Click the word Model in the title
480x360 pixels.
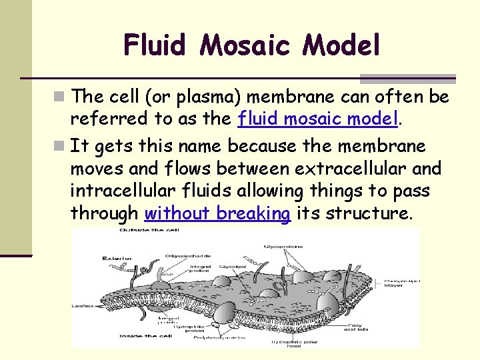coord(341,45)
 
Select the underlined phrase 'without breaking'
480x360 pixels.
coord(217,214)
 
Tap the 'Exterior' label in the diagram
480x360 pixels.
coord(116,257)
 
